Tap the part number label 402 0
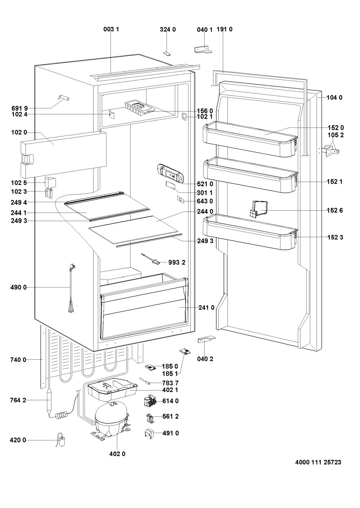click(x=117, y=454)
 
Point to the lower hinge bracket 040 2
click(x=206, y=340)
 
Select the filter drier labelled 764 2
click(x=49, y=400)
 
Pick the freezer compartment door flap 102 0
click(x=64, y=153)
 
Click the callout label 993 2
click(x=177, y=262)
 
